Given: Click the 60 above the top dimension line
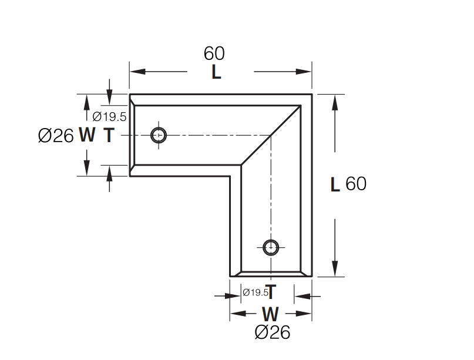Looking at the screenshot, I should point(214,53).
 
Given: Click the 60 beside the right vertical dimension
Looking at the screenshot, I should point(356,184).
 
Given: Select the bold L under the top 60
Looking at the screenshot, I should point(216,73).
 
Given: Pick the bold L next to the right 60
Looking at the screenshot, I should point(335,184).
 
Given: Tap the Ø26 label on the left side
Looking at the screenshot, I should point(56,136).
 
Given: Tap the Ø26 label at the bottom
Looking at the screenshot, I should point(273,332).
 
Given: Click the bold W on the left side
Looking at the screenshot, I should point(87,136).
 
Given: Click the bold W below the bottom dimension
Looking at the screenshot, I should point(270,314).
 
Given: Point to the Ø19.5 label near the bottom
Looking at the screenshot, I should point(256,292).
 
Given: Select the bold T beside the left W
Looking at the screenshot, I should point(109,136).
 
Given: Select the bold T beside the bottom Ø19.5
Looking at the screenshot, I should point(271,292).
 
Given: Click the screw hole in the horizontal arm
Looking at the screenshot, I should point(159,135).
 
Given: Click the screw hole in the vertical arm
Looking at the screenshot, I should point(271,247).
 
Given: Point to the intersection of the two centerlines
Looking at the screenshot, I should point(271,135).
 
